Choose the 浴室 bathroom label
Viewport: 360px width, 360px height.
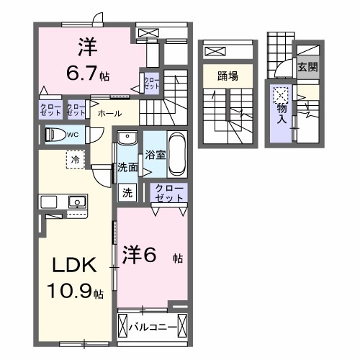coord(156,154)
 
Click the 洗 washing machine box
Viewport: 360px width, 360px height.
coord(127,192)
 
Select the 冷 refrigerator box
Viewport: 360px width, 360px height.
coord(76,158)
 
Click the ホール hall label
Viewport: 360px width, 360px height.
coord(109,114)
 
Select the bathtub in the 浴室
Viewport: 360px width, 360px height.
coord(176,154)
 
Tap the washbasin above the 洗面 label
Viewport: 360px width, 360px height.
coord(127,138)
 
